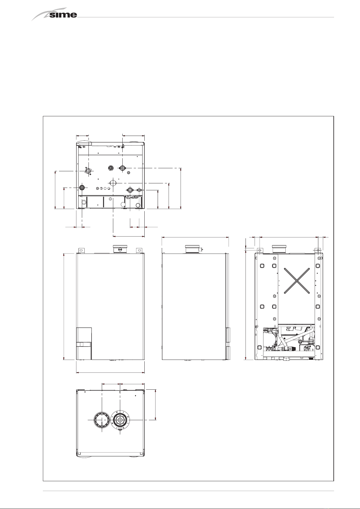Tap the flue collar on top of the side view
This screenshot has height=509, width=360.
193,249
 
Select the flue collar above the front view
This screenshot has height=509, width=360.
121,249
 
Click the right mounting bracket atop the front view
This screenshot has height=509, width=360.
139,250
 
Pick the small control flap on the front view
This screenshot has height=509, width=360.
84,343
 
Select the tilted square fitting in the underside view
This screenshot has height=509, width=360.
88,171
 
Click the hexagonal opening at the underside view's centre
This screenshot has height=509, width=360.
113,182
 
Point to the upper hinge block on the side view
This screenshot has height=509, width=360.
228,335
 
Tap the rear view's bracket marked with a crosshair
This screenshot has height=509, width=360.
318,250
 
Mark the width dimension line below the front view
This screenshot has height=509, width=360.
110,372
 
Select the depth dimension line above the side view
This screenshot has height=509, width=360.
195,237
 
